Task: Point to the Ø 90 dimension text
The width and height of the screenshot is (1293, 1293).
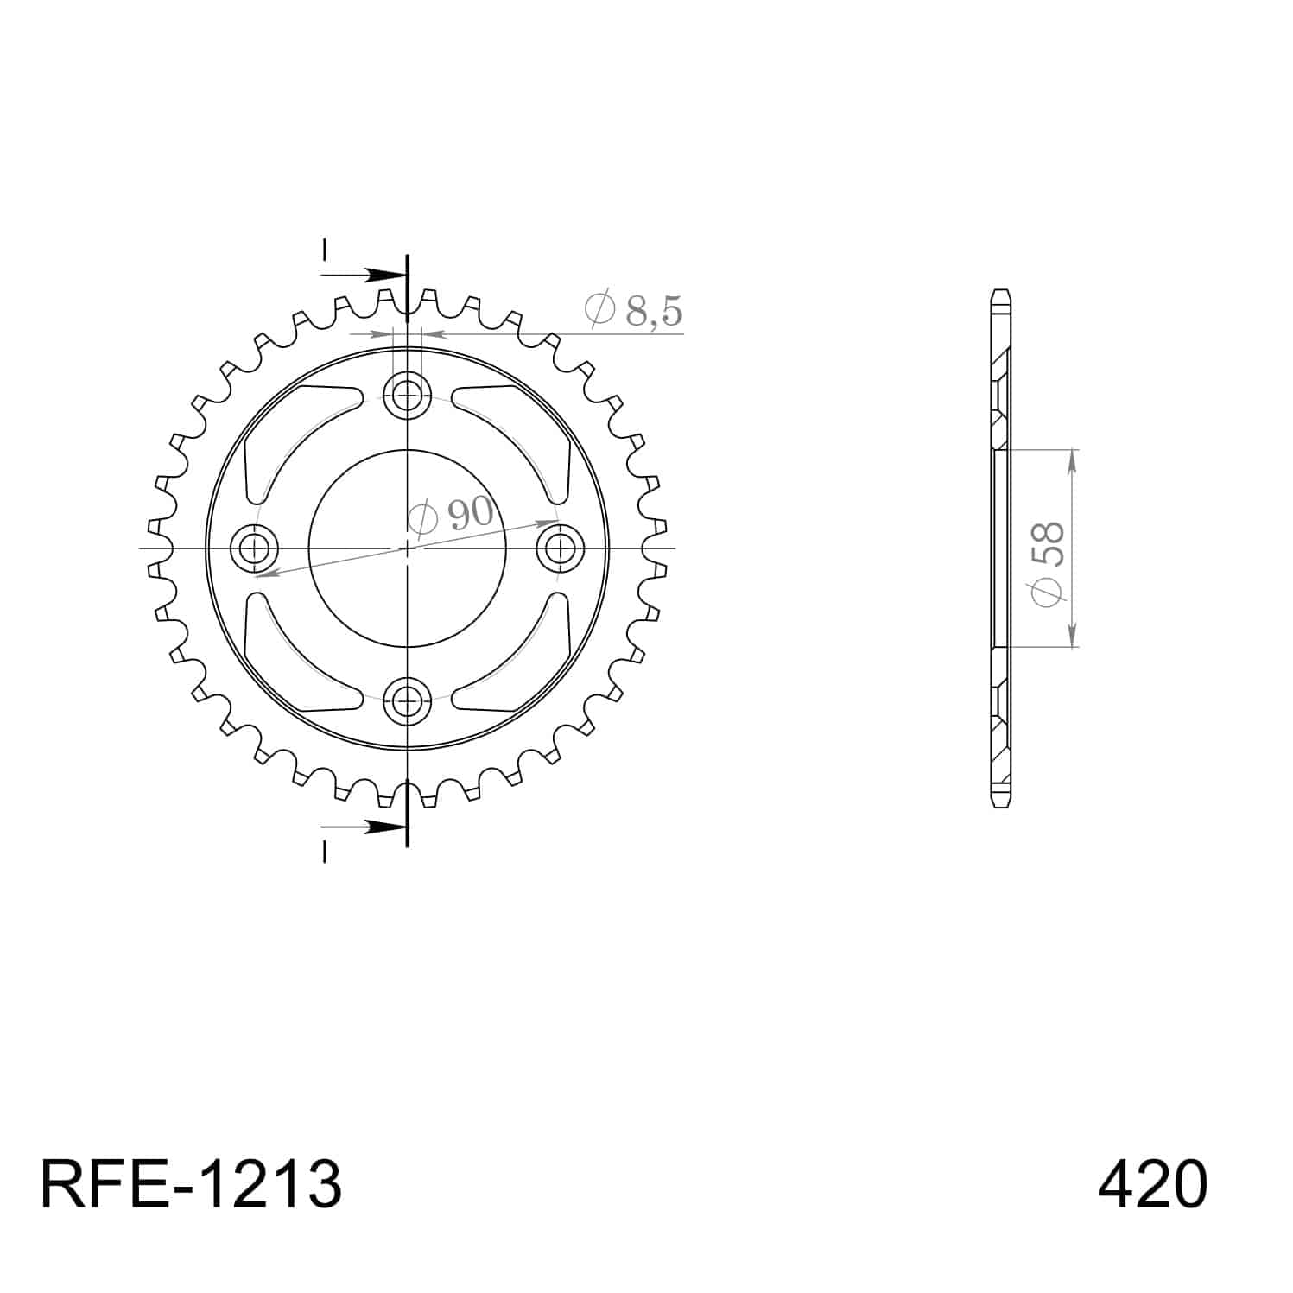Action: tap(450, 515)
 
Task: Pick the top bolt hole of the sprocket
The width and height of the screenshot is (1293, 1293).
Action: tap(407, 396)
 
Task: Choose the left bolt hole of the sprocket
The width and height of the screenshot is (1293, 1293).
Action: tap(256, 548)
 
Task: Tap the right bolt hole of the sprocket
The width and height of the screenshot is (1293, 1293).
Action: tap(559, 548)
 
